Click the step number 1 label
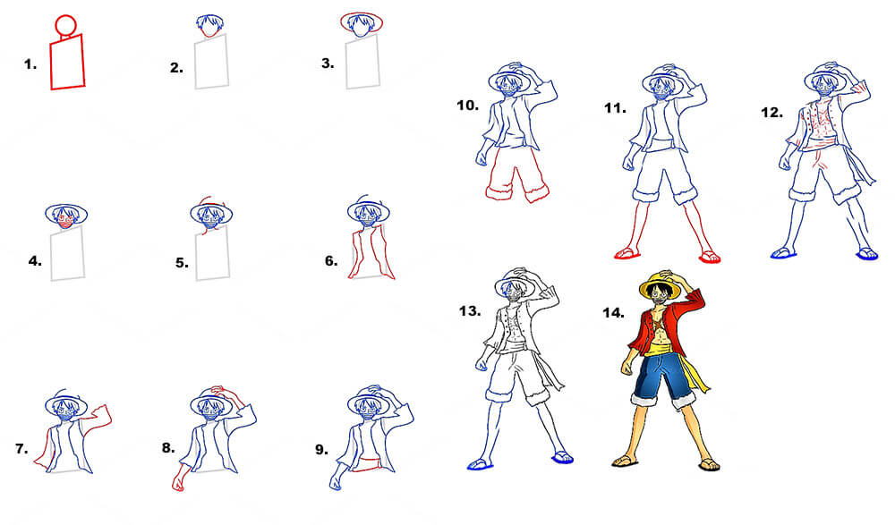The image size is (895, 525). pos(30,64)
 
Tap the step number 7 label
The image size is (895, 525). pos(21,449)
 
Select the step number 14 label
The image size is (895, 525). pos(614,313)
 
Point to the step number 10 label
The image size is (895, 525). pos(467,106)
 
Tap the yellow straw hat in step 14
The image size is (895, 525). pos(660,287)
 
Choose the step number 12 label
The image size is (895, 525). pos(771,113)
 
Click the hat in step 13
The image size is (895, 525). pos(515,284)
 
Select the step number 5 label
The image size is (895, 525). pos(182,263)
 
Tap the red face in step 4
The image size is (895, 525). pos(66,224)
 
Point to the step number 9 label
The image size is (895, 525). pos(322,450)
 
